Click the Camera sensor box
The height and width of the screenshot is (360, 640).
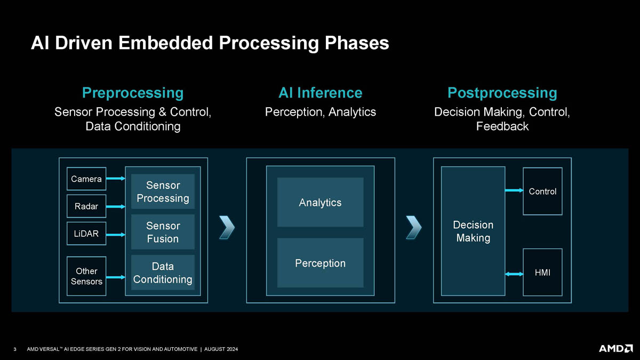click(86, 179)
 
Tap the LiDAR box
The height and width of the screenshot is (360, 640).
click(86, 234)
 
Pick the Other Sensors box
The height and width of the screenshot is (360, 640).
click(86, 276)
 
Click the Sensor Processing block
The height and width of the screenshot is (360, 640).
click(163, 191)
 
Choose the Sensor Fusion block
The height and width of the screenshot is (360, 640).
click(163, 233)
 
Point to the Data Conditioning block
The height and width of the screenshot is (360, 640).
click(163, 273)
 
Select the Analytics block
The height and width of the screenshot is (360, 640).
click(320, 202)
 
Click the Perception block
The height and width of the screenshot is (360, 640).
click(320, 263)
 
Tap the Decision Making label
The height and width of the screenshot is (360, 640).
click(473, 231)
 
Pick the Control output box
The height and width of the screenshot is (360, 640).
click(542, 191)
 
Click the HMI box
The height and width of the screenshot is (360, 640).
click(542, 273)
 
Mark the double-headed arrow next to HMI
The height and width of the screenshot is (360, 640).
click(514, 274)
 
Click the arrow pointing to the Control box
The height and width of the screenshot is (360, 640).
click(514, 190)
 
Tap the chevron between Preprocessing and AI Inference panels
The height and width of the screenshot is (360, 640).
click(227, 228)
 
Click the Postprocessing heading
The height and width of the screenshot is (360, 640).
click(502, 93)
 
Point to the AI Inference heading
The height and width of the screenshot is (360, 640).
click(320, 93)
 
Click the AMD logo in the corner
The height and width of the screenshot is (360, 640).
click(615, 348)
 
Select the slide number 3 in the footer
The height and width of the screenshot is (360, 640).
click(15, 349)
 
